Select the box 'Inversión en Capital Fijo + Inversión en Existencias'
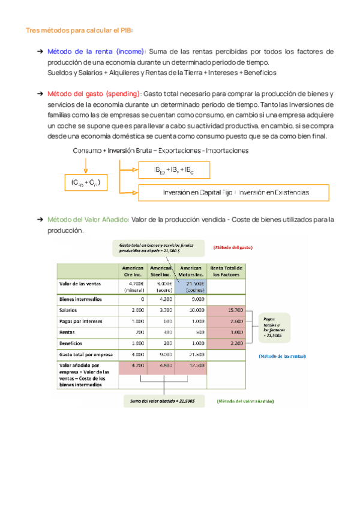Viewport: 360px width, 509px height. pyautogui.click(x=234, y=193)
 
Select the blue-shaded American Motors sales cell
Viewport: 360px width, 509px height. pyautogui.click(x=192, y=286)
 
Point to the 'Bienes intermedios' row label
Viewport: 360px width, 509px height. pyautogui.click(x=80, y=298)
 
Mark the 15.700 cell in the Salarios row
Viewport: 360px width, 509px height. pyautogui.click(x=224, y=310)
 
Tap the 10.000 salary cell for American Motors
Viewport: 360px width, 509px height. pyautogui.click(x=192, y=310)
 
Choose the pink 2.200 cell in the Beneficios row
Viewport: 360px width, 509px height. pyautogui.click(x=224, y=343)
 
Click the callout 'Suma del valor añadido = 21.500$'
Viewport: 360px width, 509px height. pyautogui.click(x=164, y=399)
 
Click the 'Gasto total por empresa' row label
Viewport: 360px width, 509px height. pyautogui.click(x=86, y=355)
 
